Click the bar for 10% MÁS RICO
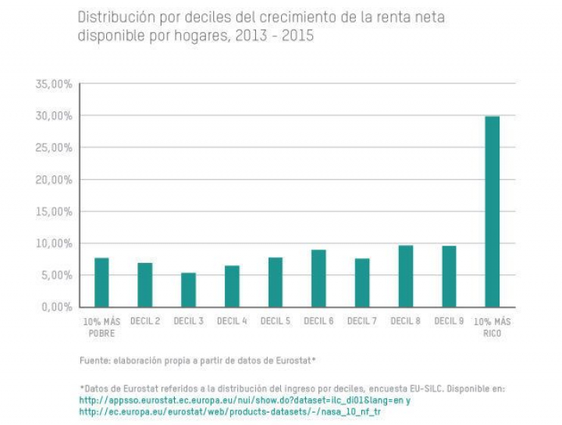492,211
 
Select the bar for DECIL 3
188,290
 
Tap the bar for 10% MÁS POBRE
101,282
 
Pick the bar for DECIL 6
318,278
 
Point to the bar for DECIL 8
405,276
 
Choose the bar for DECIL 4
232,286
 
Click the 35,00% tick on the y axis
55,84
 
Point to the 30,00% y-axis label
55,116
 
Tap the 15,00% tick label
55,211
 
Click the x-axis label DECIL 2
145,321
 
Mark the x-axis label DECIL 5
275,321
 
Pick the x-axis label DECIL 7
361,321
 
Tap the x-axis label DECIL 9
448,321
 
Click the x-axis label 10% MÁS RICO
492,327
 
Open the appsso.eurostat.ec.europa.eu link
242,400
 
